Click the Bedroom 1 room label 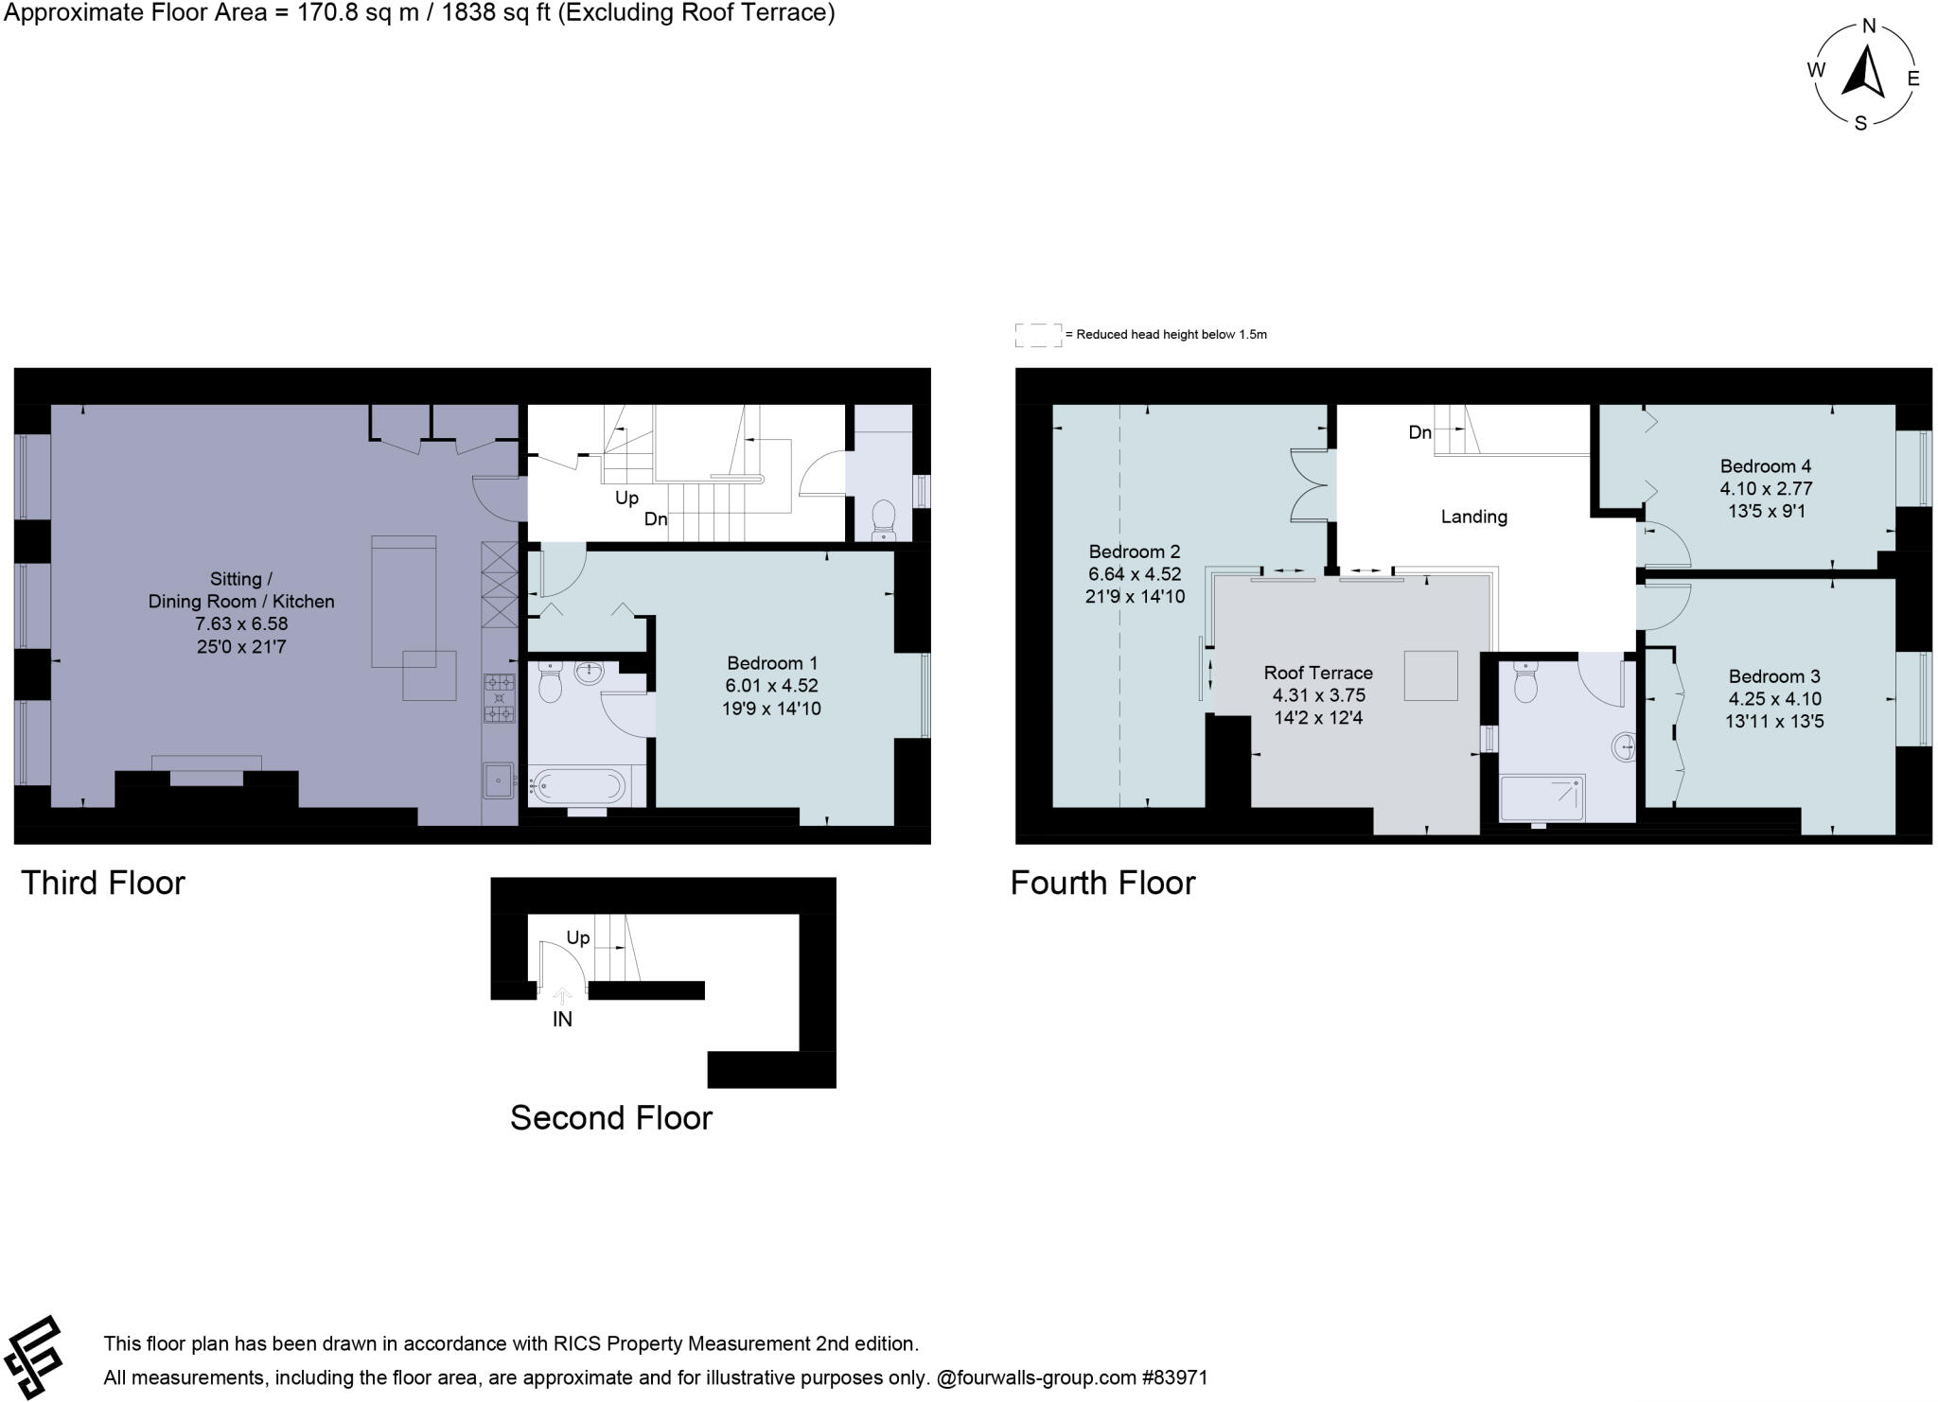click(x=771, y=663)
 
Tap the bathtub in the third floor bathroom click(x=577, y=786)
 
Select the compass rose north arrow click(x=1863, y=73)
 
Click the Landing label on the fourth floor click(x=1473, y=517)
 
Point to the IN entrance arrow click(x=562, y=996)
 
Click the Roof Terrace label click(x=1318, y=673)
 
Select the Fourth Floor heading click(x=1102, y=883)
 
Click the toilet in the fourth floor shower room click(x=1525, y=682)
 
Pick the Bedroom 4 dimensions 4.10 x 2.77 click(x=1766, y=489)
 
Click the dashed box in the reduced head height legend click(x=1038, y=335)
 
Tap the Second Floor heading click(x=610, y=1118)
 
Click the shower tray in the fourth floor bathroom click(x=1542, y=797)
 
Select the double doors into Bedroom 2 click(x=1312, y=484)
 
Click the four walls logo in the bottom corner click(x=33, y=1357)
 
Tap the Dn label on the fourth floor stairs click(x=1419, y=432)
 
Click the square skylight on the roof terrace click(x=1430, y=675)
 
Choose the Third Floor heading click(x=103, y=883)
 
